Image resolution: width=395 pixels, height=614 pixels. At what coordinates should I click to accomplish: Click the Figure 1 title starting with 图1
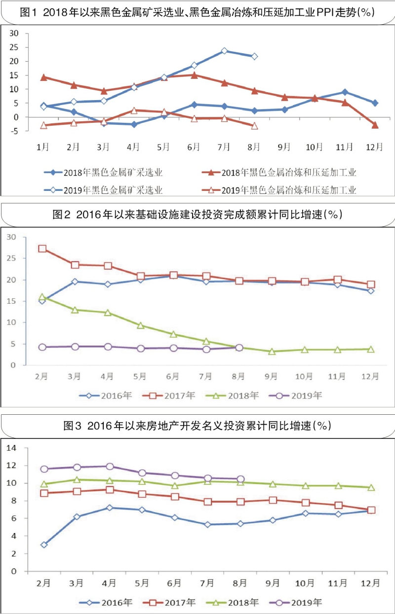tap(197, 13)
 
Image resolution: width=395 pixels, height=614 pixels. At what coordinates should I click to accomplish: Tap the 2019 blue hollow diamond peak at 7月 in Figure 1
tap(225, 51)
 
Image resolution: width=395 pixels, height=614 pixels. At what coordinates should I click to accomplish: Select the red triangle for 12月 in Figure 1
tap(375, 125)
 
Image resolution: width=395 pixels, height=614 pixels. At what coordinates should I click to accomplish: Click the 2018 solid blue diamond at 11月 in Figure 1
tap(345, 92)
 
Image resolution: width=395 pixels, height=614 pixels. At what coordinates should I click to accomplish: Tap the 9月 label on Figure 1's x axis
tap(285, 146)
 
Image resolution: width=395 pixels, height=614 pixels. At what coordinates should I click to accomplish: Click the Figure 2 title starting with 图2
tap(197, 215)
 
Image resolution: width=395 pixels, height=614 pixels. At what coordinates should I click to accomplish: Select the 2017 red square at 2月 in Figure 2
tap(43, 249)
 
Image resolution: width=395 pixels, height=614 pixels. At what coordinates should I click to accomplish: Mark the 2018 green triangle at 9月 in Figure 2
tap(272, 352)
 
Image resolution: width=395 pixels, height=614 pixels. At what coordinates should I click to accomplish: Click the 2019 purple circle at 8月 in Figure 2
tap(239, 348)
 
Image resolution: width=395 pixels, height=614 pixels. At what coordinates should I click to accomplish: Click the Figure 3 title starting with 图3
tap(197, 425)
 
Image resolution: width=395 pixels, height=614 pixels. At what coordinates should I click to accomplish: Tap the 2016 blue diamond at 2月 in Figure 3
tap(44, 545)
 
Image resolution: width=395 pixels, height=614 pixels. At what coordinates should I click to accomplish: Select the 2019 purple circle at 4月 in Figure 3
tap(110, 466)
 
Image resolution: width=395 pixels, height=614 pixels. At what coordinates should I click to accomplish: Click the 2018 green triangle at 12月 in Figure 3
tap(371, 487)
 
